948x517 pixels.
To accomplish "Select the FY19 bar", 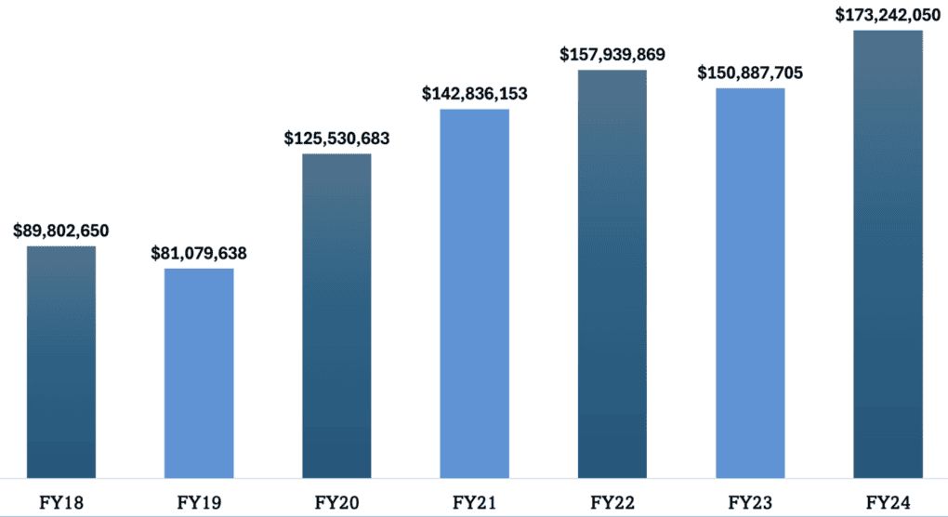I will (x=199, y=373).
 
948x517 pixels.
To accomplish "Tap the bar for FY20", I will (x=336, y=316).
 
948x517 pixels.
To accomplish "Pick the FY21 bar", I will (x=474, y=294).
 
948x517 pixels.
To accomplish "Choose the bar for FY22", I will (x=612, y=274).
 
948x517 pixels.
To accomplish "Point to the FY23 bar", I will (x=750, y=284).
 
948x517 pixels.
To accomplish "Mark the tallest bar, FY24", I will (x=888, y=255).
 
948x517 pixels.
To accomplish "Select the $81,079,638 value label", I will (x=199, y=253).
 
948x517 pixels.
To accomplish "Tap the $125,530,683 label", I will (x=336, y=139).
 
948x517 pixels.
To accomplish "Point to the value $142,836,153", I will (x=474, y=94).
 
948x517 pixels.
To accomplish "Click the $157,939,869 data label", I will (x=612, y=54).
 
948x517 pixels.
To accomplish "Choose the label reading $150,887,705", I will (x=750, y=73).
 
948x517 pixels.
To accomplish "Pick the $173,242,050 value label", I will (x=888, y=15).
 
